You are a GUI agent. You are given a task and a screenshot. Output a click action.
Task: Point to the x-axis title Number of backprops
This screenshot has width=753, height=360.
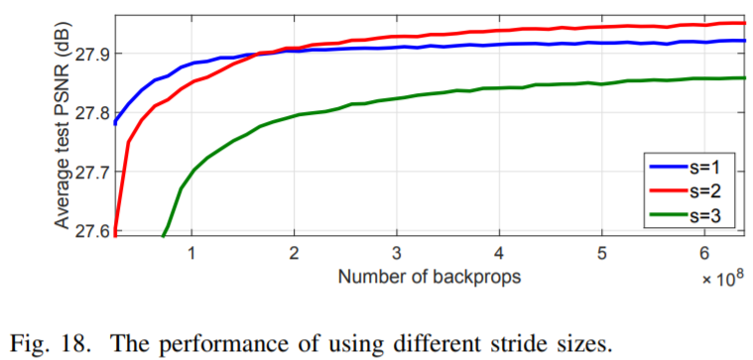coord(429,276)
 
